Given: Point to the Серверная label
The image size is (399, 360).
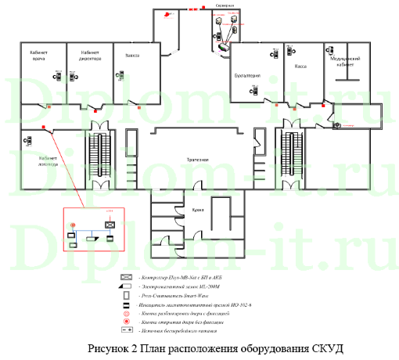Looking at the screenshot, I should pyautogui.click(x=225, y=5).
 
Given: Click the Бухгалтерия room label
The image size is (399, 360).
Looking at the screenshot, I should pyautogui.click(x=248, y=75).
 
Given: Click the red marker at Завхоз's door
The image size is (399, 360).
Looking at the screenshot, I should pyautogui.click(x=138, y=107).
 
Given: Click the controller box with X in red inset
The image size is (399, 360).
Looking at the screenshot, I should pyautogui.click(x=110, y=224).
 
